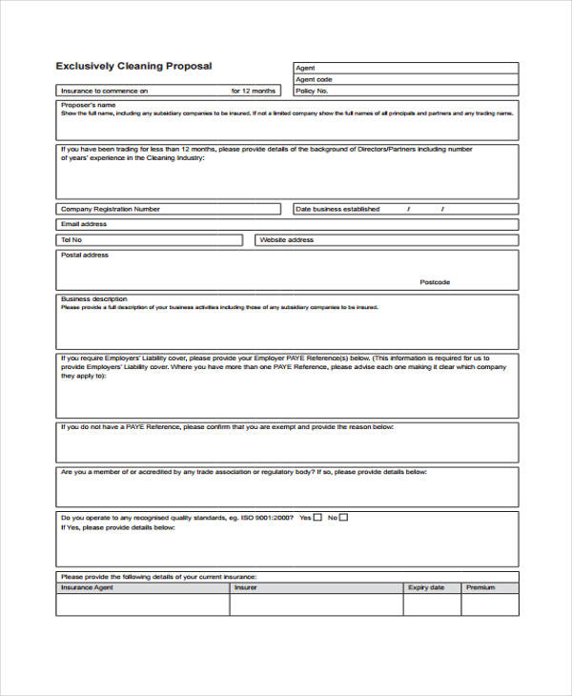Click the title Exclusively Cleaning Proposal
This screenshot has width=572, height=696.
click(133, 66)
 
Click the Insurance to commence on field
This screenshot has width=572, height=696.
click(191, 91)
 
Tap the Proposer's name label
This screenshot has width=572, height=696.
click(89, 105)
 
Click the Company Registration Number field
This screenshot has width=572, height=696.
click(219, 209)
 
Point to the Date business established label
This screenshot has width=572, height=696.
click(337, 209)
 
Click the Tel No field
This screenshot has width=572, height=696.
click(162, 240)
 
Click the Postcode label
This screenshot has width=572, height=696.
click(435, 282)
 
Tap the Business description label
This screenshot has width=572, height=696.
click(93, 299)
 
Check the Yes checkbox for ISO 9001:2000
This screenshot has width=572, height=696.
click(318, 518)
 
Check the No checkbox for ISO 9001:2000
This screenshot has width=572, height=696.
click(343, 518)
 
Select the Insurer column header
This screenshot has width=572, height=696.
click(245, 588)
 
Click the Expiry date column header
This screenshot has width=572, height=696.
click(426, 588)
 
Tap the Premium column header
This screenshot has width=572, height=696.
click(480, 588)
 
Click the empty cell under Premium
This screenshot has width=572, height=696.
click(489, 604)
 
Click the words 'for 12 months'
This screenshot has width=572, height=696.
click(253, 91)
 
